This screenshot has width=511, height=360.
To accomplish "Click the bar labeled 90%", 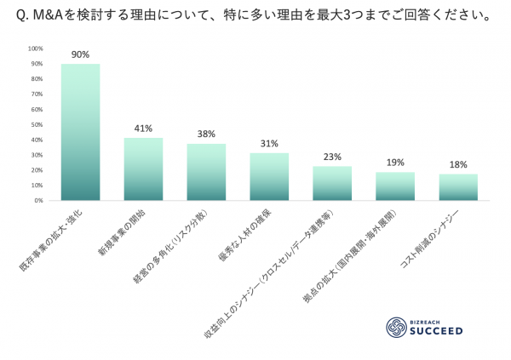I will [x=80, y=132].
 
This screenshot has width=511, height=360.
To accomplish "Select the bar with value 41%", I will [x=143, y=169].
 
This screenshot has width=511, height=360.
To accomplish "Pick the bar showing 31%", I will [x=269, y=177].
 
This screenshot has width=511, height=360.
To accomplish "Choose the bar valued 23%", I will [x=332, y=183].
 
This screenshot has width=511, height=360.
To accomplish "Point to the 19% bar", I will [x=395, y=186].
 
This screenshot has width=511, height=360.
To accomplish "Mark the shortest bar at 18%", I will [x=458, y=187].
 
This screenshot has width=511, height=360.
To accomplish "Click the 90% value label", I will [x=80, y=54].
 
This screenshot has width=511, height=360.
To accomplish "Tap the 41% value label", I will [x=143, y=129].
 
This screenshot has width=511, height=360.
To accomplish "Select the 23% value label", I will [x=332, y=157].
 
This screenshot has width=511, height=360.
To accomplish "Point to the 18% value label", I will [x=458, y=164].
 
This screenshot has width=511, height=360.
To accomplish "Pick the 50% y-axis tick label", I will [x=37, y=125].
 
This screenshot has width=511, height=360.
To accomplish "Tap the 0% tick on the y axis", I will [x=39, y=201].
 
